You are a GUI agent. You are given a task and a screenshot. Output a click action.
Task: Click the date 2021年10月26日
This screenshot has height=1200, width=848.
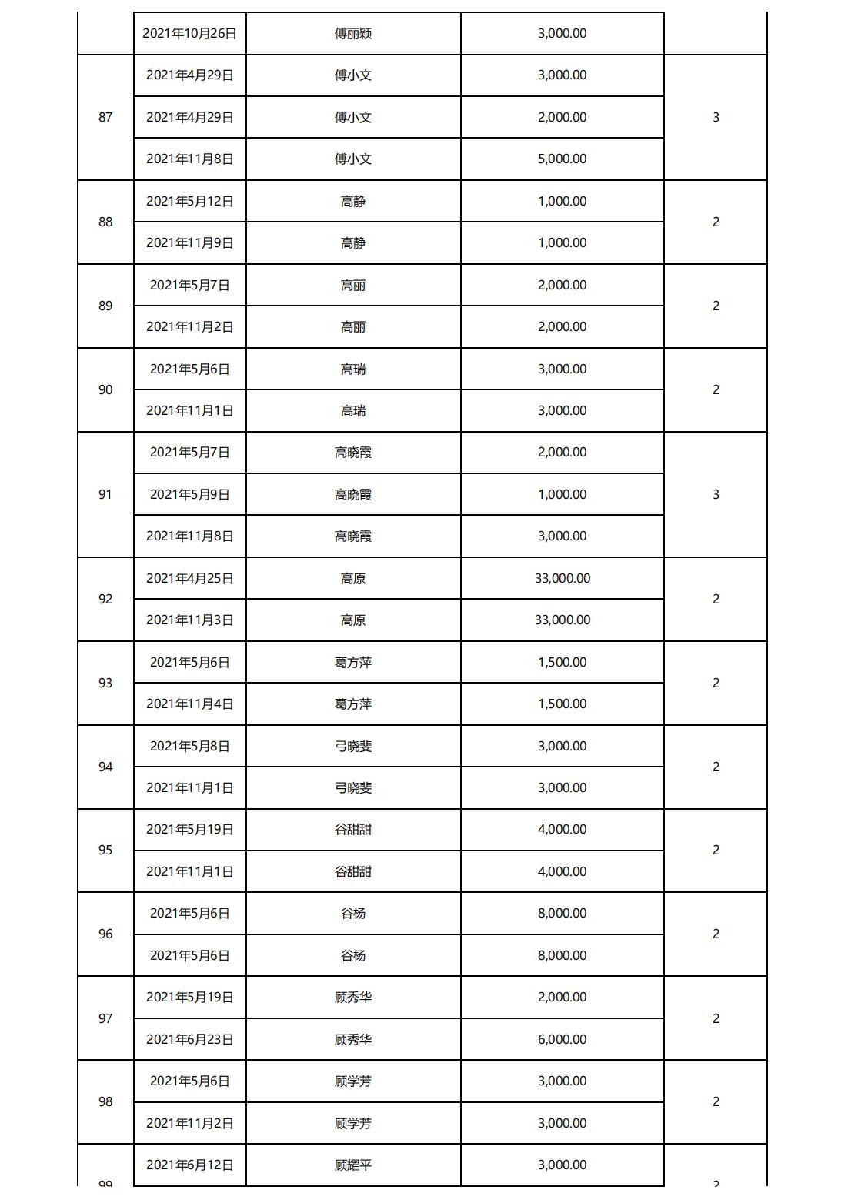tap(189, 34)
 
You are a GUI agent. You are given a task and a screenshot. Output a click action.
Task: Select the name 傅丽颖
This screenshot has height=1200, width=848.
tap(353, 34)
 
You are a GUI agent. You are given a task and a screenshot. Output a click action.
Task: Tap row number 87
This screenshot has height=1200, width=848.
tap(105, 117)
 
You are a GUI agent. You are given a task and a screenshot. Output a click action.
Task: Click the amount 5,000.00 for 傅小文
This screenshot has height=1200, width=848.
tap(562, 159)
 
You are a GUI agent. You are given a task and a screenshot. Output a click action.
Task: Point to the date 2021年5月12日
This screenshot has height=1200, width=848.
tap(189, 201)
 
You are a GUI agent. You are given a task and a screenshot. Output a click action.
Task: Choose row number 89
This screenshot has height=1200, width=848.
tap(105, 306)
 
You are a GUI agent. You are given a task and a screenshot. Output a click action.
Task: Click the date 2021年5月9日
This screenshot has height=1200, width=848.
tap(189, 494)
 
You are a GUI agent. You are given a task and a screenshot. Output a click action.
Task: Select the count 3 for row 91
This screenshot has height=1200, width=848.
tap(716, 494)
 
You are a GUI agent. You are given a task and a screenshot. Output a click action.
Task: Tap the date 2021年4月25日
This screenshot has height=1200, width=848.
tap(189, 578)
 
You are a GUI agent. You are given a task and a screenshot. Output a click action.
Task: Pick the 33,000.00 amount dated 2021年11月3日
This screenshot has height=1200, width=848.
tap(562, 620)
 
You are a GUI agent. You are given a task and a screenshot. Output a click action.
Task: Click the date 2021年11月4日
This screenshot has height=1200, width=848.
tap(189, 704)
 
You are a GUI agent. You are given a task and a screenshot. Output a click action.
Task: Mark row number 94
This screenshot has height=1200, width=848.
tap(105, 767)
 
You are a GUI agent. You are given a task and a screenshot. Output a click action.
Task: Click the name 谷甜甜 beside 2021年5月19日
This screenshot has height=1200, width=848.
tap(353, 829)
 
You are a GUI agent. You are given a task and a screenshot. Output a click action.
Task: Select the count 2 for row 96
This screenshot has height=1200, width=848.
tap(716, 934)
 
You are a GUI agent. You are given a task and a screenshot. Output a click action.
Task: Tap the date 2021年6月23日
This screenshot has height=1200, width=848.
tap(189, 1039)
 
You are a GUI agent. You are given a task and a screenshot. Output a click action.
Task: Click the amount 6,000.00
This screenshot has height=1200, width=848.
tap(562, 1039)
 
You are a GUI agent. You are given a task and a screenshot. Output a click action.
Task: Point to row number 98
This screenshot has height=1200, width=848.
tap(105, 1101)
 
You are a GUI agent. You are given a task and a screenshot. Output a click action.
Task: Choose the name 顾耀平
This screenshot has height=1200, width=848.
tap(353, 1165)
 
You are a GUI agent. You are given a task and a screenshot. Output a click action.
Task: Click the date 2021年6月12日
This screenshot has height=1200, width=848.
tap(189, 1165)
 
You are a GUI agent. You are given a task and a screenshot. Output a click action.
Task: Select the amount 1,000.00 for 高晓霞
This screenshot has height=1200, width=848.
tap(562, 494)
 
